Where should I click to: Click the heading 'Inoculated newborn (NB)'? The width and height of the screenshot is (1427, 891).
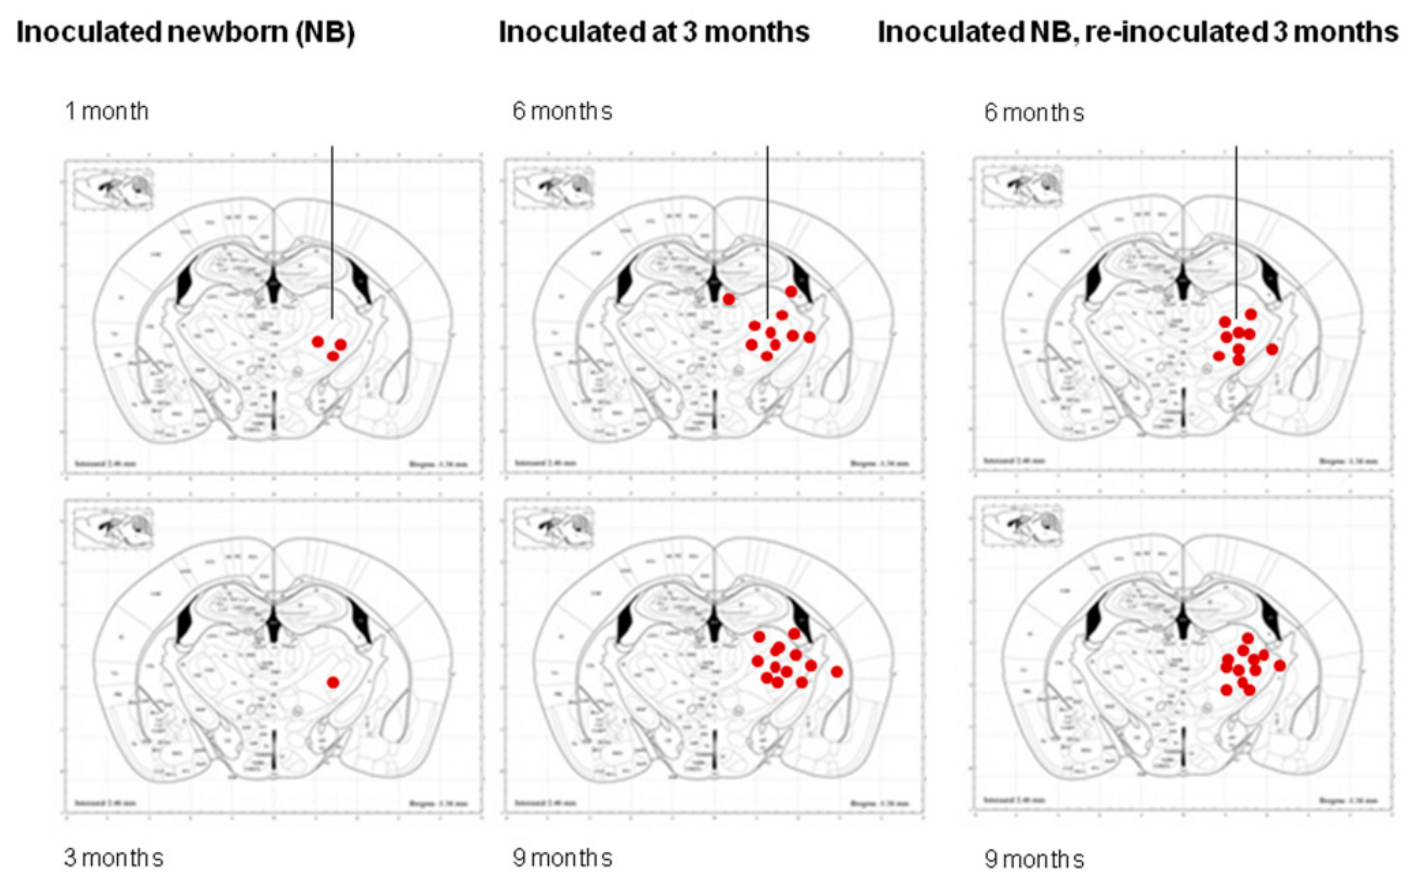(x=185, y=32)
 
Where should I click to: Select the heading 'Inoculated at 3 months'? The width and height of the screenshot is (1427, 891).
(x=654, y=32)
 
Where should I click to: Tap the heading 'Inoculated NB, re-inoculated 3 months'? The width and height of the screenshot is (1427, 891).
(x=1138, y=32)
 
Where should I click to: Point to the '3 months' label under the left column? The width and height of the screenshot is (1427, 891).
(x=113, y=858)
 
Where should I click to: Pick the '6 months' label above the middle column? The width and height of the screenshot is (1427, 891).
(x=562, y=111)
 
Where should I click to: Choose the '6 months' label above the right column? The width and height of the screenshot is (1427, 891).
(x=1034, y=112)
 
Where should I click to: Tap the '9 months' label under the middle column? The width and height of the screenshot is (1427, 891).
(x=562, y=858)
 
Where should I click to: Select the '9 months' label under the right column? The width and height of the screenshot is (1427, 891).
(x=1034, y=859)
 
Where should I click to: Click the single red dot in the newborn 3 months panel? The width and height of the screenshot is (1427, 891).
(x=333, y=682)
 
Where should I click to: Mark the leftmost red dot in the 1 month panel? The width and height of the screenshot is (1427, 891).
(x=318, y=342)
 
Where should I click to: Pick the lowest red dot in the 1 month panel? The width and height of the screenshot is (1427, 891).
(x=333, y=356)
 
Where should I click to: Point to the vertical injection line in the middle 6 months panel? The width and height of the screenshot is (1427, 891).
(x=767, y=230)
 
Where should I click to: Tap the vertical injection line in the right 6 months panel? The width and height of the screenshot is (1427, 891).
(x=1236, y=230)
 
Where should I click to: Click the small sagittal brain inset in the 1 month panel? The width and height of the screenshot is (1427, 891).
(x=113, y=187)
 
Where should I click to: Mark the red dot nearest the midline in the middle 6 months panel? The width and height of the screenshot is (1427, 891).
(x=729, y=299)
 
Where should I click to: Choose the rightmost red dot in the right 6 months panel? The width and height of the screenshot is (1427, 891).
(x=1272, y=349)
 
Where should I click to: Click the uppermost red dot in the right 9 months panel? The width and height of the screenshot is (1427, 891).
(x=1247, y=638)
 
